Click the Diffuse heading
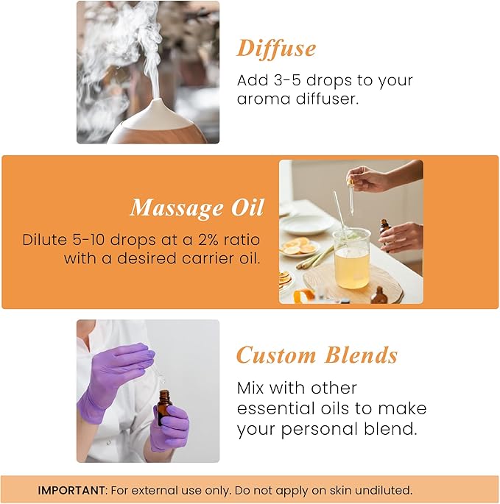[x=276, y=49]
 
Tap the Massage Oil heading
[x=197, y=208]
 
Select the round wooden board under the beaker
[x=353, y=283]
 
